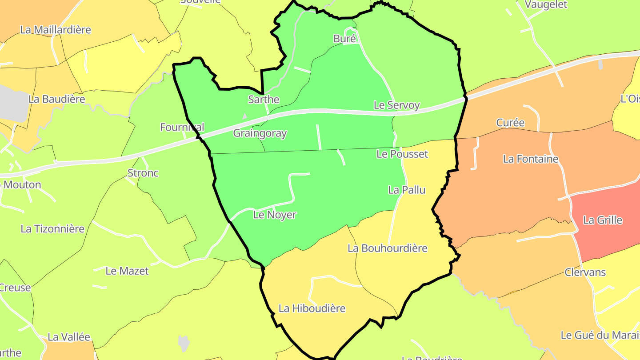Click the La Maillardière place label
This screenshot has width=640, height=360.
[56, 30]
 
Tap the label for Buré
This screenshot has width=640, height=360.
[344, 39]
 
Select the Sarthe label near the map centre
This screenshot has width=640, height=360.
[264, 100]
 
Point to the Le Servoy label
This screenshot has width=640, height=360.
[396, 105]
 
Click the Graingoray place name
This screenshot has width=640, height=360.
[260, 133]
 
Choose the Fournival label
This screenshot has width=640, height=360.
[182, 128]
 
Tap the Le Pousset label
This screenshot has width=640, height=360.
[402, 154]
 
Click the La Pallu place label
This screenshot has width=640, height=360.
[407, 190]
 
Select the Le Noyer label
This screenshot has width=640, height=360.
[275, 215]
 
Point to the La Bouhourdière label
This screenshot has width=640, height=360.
[387, 248]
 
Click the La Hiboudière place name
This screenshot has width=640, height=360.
[312, 308]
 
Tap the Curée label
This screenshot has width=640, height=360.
[510, 123]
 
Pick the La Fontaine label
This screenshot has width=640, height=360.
[530, 159]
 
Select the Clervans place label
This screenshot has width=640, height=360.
[585, 272]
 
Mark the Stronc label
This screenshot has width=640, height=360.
[143, 173]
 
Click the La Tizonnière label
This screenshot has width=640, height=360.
[52, 229]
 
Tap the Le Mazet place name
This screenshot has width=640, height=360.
[127, 271]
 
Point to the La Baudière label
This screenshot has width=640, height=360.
[56, 99]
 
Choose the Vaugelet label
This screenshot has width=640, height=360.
[546, 5]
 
